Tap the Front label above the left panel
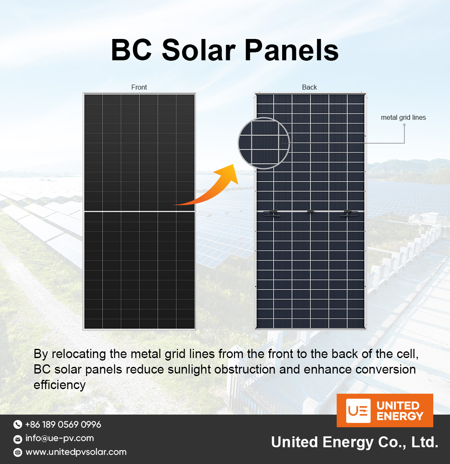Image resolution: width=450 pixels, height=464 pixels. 139,87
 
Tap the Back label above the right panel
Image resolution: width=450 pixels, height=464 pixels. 309,87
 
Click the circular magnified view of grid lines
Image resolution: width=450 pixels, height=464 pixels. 264,143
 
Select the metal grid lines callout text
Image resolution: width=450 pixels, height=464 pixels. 403,118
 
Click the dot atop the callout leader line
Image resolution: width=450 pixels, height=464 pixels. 404,126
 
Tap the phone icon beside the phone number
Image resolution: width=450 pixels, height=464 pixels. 18,425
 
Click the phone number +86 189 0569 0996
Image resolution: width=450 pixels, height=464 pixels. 63,425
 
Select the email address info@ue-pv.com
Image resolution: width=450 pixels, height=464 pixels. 59,438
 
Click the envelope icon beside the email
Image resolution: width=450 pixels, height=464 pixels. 18,439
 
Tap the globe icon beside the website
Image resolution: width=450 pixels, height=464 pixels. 18,452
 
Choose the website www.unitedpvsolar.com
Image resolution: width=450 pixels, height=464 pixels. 76,452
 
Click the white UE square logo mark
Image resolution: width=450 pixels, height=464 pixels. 358,410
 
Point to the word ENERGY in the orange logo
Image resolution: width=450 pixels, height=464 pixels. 400,416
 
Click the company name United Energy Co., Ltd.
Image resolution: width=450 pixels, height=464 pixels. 355,442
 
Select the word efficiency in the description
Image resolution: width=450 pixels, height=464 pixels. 59,385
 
